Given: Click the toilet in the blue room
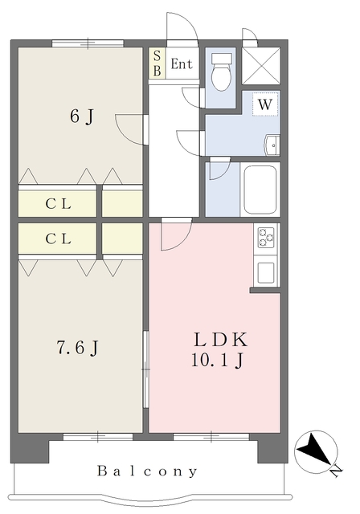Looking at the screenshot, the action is (x=221, y=72).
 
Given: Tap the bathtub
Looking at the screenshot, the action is (x=260, y=190).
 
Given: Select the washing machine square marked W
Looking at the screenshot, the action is (x=265, y=104).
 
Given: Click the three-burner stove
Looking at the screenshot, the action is (x=266, y=238).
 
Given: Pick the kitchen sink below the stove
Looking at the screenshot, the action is (x=266, y=272).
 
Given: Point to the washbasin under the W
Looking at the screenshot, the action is (x=272, y=145).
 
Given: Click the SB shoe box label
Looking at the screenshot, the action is (x=157, y=63).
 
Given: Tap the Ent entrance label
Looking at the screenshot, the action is (x=182, y=63).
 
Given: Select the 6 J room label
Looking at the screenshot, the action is (x=82, y=116).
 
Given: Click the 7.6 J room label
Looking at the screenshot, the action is (x=78, y=348).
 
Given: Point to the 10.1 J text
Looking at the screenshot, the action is (x=218, y=361).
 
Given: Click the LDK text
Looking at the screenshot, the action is (x=221, y=340).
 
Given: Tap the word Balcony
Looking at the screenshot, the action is (x=147, y=471).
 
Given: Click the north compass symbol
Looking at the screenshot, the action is (x=316, y=452).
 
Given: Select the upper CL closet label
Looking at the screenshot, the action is (x=59, y=204).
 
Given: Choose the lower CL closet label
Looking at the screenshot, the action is (x=59, y=239).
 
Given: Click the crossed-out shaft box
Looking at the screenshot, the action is (x=261, y=66).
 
